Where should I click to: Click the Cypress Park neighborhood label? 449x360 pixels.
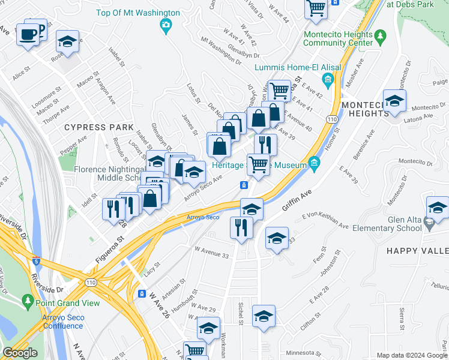point(91,127)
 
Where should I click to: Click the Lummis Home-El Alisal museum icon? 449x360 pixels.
point(328,79)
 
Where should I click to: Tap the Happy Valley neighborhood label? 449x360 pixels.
point(417,250)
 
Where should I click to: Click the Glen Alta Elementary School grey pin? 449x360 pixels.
point(429,224)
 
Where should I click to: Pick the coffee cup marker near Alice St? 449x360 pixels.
point(28,34)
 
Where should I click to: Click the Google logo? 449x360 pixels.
point(20,353)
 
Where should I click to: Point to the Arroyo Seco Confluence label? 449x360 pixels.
point(54,322)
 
